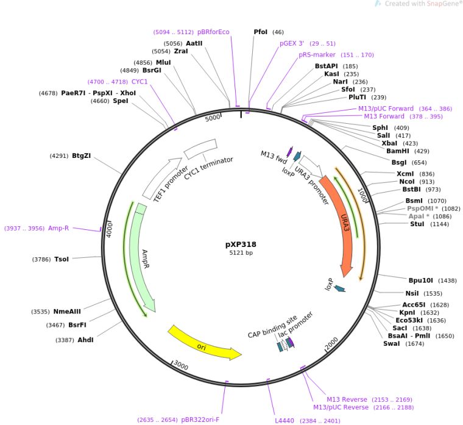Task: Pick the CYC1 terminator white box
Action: [200, 149]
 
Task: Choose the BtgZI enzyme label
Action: [81, 156]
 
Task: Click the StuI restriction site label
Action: [417, 224]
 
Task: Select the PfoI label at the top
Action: [260, 32]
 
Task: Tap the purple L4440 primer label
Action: [285, 420]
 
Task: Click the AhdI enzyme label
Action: [85, 340]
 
